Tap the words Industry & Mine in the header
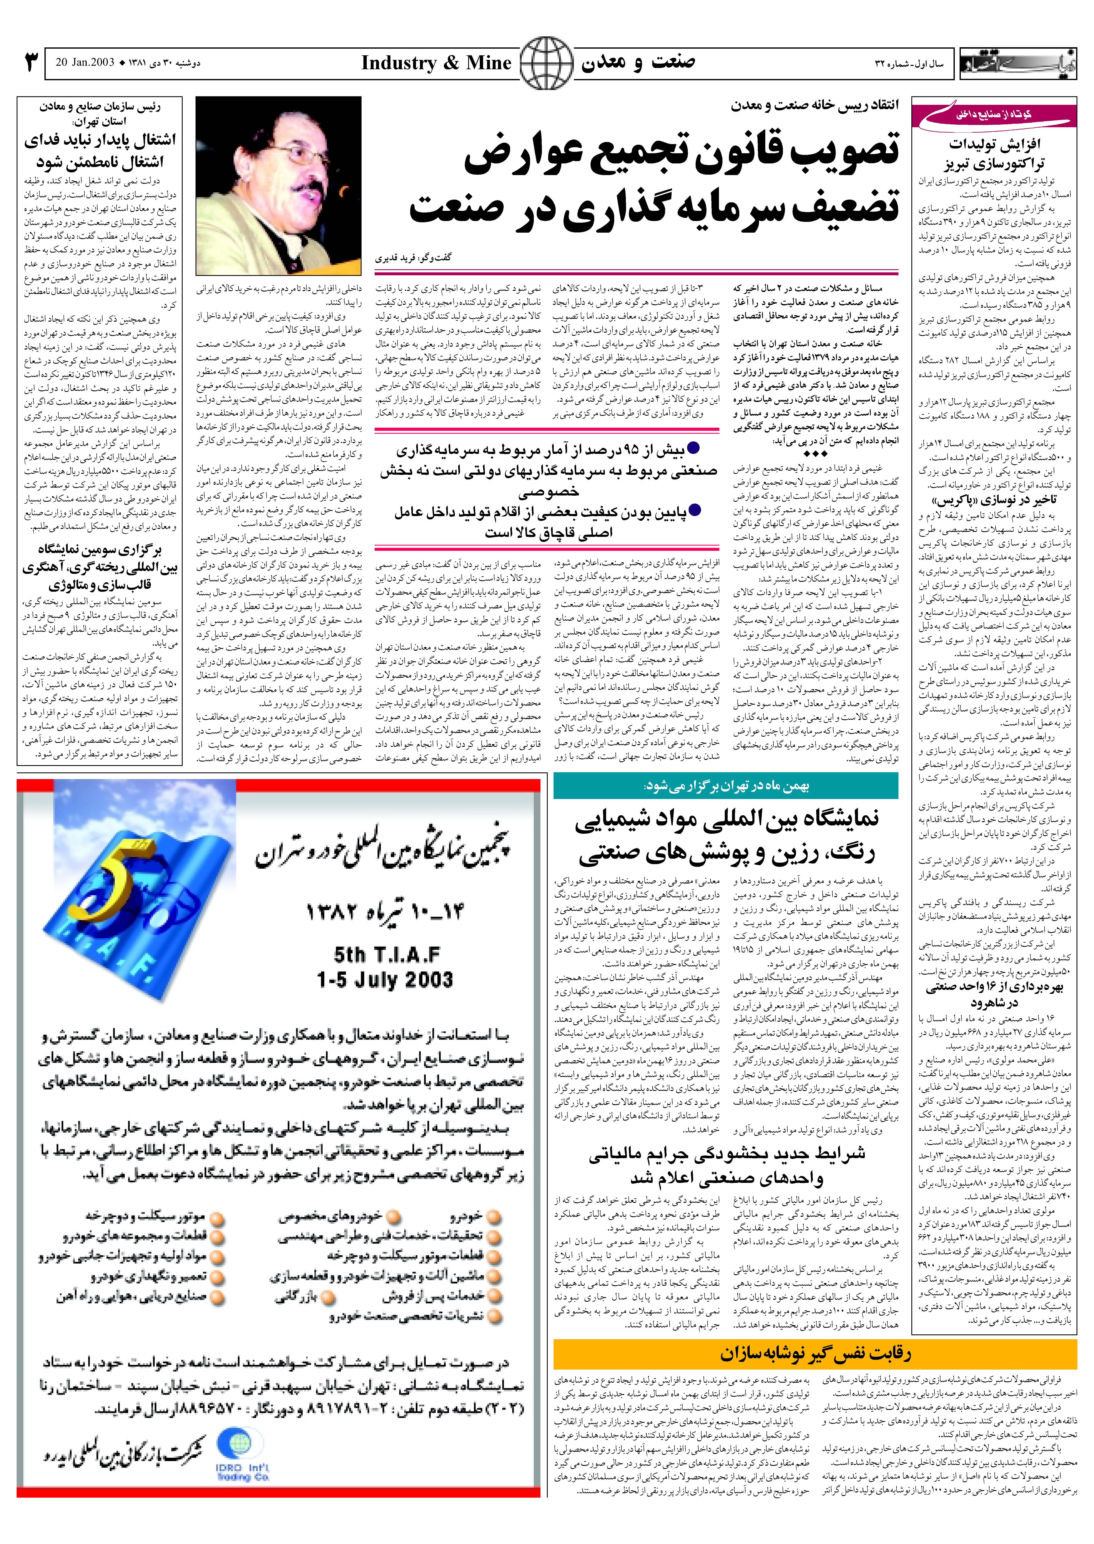436,63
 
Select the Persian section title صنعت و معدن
638,63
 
